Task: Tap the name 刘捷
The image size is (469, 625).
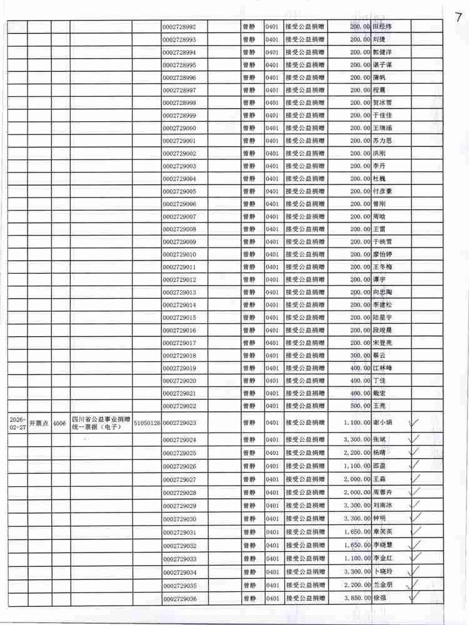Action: [x=379, y=39]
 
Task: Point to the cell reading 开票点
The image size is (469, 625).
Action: [x=39, y=423]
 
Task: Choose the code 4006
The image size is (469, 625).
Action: [x=60, y=423]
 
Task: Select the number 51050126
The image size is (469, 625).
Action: [x=146, y=423]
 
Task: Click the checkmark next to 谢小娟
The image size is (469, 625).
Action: [x=413, y=423]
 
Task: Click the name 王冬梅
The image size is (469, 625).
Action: [x=382, y=267]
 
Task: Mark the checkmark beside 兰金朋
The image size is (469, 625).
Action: [x=413, y=584]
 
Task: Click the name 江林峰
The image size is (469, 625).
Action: [x=382, y=368]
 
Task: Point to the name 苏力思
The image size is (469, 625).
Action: [x=382, y=141]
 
